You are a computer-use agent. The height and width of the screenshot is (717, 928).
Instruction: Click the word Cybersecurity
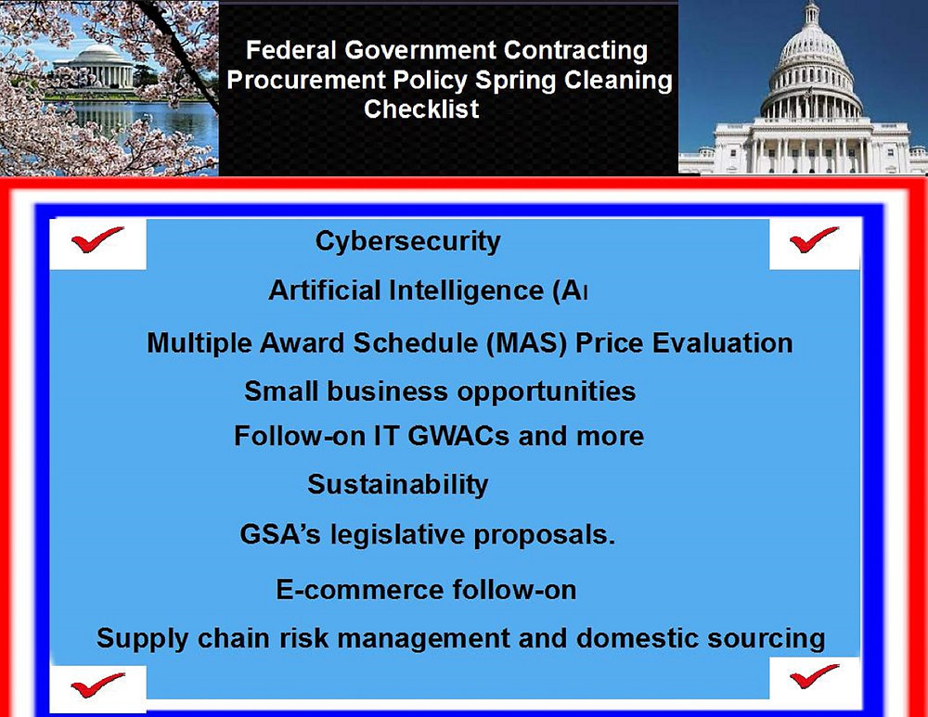point(407,241)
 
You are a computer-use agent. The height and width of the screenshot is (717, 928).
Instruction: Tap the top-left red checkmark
point(97,241)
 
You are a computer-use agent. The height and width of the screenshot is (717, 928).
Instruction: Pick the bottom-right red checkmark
point(814,679)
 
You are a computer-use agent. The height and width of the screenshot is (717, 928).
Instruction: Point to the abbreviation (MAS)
point(526,343)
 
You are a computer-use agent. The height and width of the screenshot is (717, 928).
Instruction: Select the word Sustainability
point(397,484)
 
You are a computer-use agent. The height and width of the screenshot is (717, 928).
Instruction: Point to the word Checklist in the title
point(421,109)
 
